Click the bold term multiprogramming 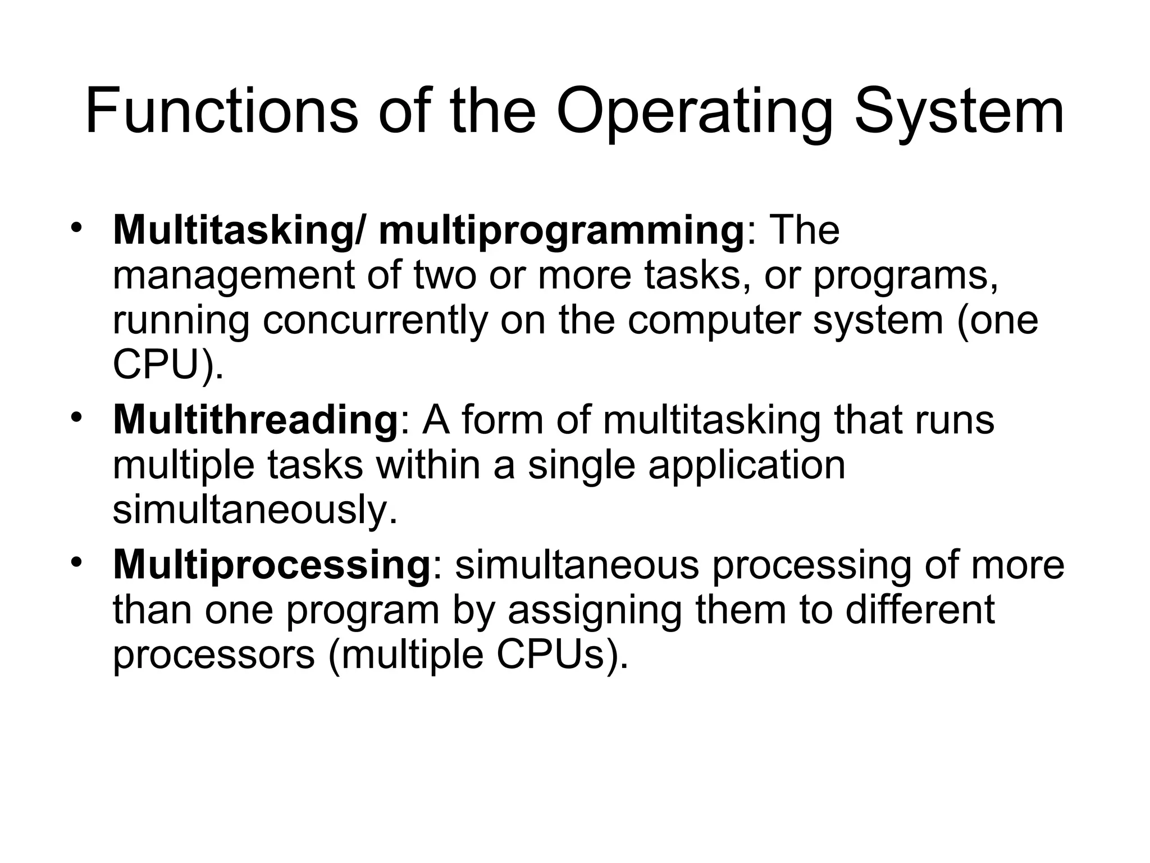click(x=562, y=231)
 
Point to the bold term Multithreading click(x=255, y=420)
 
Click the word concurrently click(x=375, y=321)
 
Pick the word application click(x=747, y=466)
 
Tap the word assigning click(x=594, y=611)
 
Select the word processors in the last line click(x=214, y=655)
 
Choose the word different click(x=920, y=610)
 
